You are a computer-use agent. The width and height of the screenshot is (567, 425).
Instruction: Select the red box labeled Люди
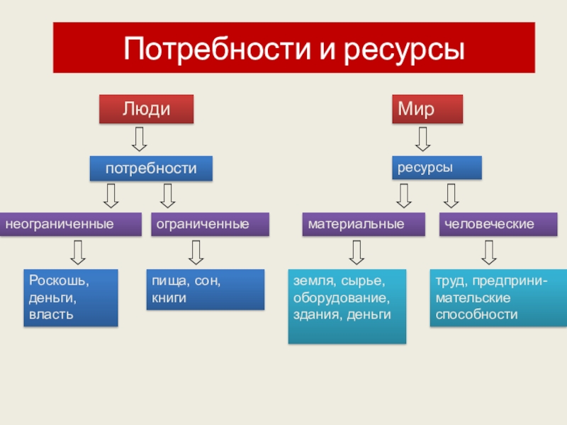[146, 110]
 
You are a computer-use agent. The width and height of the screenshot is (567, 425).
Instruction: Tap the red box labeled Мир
[427, 110]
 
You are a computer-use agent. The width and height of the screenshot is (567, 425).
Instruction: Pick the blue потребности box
[151, 168]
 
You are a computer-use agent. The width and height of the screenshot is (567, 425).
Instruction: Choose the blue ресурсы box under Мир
[437, 167]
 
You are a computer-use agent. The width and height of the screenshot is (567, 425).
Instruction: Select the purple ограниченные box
[210, 224]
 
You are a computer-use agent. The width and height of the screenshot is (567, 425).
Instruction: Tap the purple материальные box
[364, 224]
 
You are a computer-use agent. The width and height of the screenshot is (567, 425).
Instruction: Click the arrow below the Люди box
[140, 138]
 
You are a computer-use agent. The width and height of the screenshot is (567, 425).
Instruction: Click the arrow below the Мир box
[423, 138]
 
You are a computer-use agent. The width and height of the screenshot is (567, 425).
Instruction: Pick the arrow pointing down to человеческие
[451, 195]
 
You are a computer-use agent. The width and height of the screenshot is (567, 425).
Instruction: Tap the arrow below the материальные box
[357, 252]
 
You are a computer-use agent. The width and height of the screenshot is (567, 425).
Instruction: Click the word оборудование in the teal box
[341, 297]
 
